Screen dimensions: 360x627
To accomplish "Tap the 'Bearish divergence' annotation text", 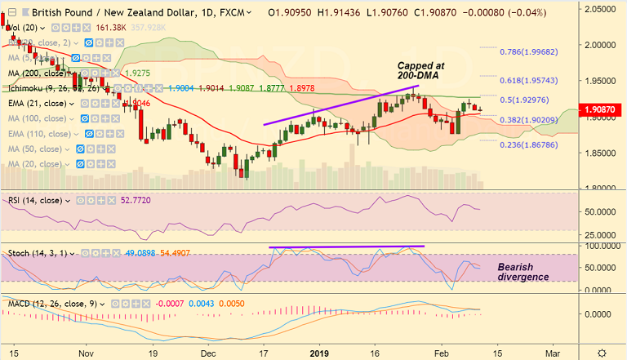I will click(x=522, y=272).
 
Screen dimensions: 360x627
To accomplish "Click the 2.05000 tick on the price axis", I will click(x=602, y=7).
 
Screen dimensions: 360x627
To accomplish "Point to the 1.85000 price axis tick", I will click(x=602, y=153).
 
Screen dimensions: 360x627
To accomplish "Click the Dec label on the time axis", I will click(x=208, y=351).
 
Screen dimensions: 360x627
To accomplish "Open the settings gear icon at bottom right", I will click(x=602, y=351).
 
